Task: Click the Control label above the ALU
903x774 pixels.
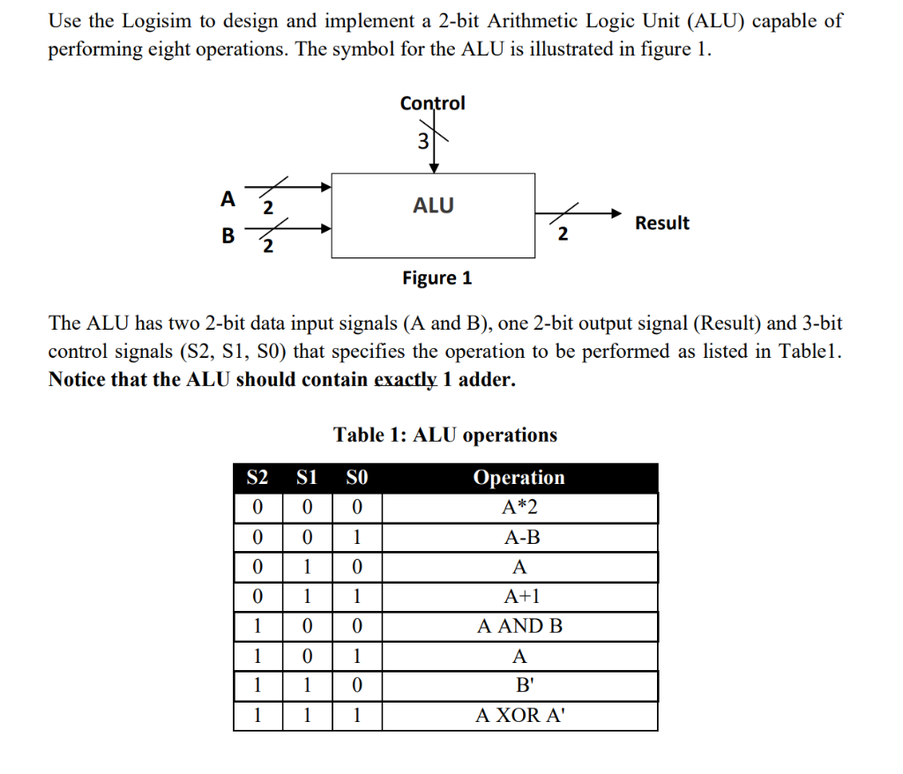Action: pos(432,103)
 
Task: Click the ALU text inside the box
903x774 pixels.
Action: pos(433,205)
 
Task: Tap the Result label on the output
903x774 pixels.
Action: pos(662,223)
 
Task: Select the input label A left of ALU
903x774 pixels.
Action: pos(228,199)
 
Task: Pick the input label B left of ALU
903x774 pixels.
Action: pos(228,235)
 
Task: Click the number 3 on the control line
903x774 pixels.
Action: pos(422,140)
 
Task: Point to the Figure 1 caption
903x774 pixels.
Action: pos(437,279)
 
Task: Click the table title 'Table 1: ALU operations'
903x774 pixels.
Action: pos(445,435)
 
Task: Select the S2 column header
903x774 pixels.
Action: pos(257,478)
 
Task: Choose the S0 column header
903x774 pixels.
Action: pos(356,478)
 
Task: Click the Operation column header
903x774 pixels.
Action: pos(519,478)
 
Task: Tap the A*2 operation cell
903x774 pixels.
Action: pos(519,508)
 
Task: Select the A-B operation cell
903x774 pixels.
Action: pos(519,538)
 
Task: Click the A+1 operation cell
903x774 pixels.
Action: pos(519,597)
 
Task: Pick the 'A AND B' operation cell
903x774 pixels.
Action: pos(519,627)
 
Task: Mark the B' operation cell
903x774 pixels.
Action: pos(519,686)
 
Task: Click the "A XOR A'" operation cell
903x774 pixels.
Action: pos(519,715)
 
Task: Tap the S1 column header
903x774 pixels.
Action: pos(306,478)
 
